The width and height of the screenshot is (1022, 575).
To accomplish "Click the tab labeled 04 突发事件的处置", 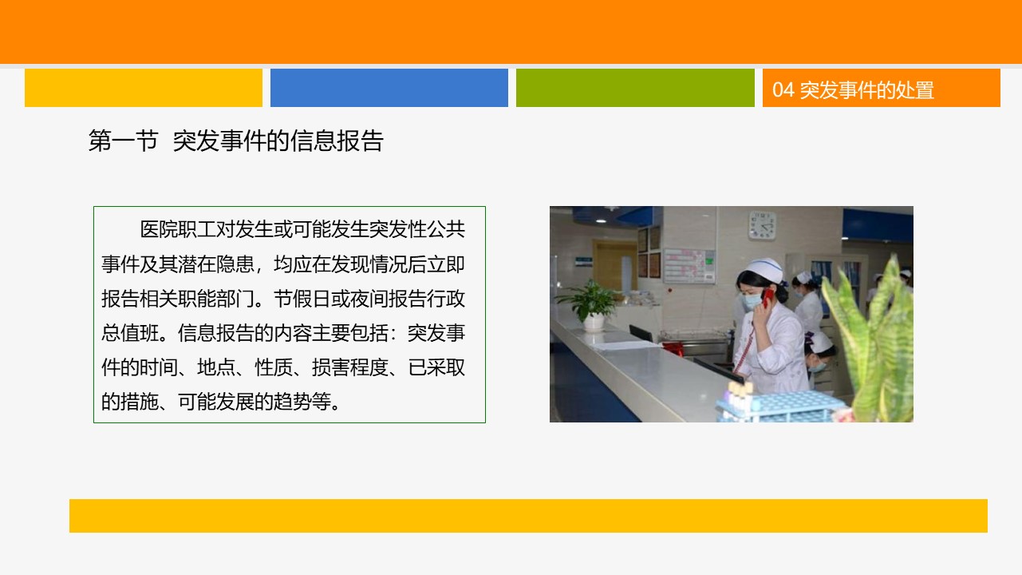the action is [881, 88].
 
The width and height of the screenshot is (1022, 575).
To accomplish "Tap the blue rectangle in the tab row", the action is [389, 88].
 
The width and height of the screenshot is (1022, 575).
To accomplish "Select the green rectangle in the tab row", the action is [635, 88].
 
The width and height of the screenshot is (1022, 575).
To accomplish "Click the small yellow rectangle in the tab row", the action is [144, 88].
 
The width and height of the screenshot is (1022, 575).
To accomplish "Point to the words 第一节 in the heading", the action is [123, 141].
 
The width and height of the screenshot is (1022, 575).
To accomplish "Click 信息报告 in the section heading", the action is [336, 141].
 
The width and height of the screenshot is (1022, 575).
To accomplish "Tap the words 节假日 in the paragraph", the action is [302, 299].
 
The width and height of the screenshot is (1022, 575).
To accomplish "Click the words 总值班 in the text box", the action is [130, 333].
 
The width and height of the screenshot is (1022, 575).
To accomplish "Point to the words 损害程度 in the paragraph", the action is [350, 367].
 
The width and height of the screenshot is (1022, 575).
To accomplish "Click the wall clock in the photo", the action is [761, 225].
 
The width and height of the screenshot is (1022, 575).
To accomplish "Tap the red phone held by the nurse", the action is [767, 297].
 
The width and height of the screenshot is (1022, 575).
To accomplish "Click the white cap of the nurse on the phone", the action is [765, 269].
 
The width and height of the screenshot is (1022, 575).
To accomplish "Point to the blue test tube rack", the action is [779, 406].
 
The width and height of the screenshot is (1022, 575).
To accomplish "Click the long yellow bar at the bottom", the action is [528, 516].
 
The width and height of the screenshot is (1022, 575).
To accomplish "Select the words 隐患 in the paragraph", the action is [235, 264].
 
